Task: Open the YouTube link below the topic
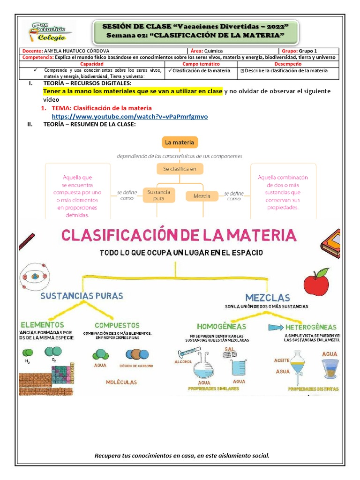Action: click(x=129, y=117)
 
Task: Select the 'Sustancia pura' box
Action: click(x=158, y=195)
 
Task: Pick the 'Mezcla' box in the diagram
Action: click(x=202, y=195)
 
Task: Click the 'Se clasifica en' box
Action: click(x=180, y=168)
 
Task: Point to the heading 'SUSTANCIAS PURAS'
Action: click(x=82, y=296)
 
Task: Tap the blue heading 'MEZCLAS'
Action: click(x=267, y=297)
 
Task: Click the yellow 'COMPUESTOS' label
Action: click(x=117, y=325)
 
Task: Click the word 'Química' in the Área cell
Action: click(x=214, y=51)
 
